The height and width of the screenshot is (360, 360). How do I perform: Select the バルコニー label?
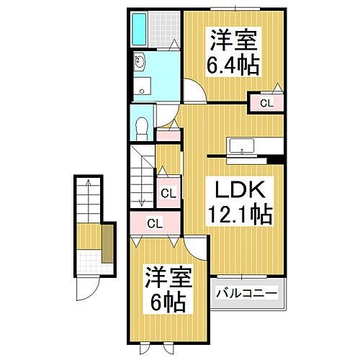248,294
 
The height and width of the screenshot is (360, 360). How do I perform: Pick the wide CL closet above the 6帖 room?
154,223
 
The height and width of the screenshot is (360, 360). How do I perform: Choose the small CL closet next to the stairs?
168,193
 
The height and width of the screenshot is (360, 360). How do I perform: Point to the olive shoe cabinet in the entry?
107,243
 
